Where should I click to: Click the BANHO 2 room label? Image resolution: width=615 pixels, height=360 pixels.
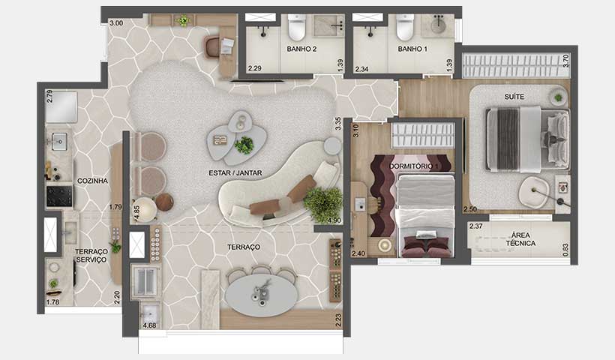(302, 49)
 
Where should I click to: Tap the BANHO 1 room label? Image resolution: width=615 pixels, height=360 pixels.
(412, 49)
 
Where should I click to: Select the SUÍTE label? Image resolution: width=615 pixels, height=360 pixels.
(514, 97)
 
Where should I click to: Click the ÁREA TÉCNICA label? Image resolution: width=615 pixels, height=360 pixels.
(520, 238)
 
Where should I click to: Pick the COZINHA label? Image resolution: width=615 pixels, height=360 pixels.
(92, 181)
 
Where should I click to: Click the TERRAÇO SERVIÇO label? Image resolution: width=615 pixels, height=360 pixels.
(91, 255)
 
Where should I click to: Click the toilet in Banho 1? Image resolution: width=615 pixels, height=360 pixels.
(405, 28)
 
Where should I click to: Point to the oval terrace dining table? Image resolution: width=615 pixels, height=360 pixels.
(262, 295)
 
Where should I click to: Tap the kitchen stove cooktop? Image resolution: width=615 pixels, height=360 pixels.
(60, 196)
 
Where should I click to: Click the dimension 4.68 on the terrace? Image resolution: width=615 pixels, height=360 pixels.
(151, 325)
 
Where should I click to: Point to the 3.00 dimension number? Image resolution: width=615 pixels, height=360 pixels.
(115, 23)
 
